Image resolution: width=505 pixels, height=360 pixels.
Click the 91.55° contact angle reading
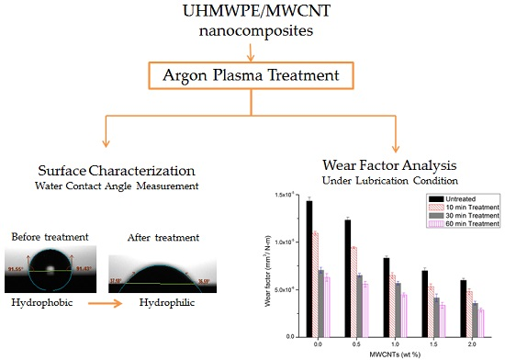(x=17, y=270)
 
